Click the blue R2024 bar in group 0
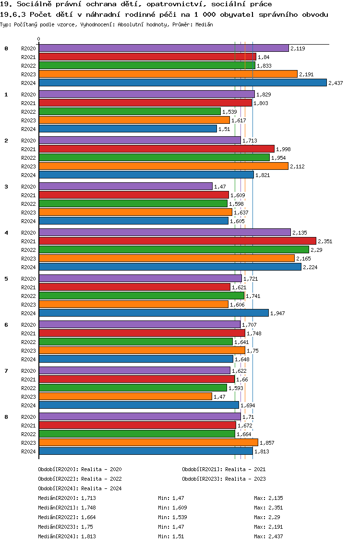182,83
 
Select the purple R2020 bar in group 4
165,232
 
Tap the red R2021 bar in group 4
177,241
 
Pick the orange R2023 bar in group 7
125,396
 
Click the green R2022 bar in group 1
130,111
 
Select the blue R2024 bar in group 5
154,313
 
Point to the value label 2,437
336,83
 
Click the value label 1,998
283,149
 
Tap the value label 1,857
267,443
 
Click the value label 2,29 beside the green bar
316,250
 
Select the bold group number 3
6,186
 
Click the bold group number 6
6,324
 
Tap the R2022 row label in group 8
28,434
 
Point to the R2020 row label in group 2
28,141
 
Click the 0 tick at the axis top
39,39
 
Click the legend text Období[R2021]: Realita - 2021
224,469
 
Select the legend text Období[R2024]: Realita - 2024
80,488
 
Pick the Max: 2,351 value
268,508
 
